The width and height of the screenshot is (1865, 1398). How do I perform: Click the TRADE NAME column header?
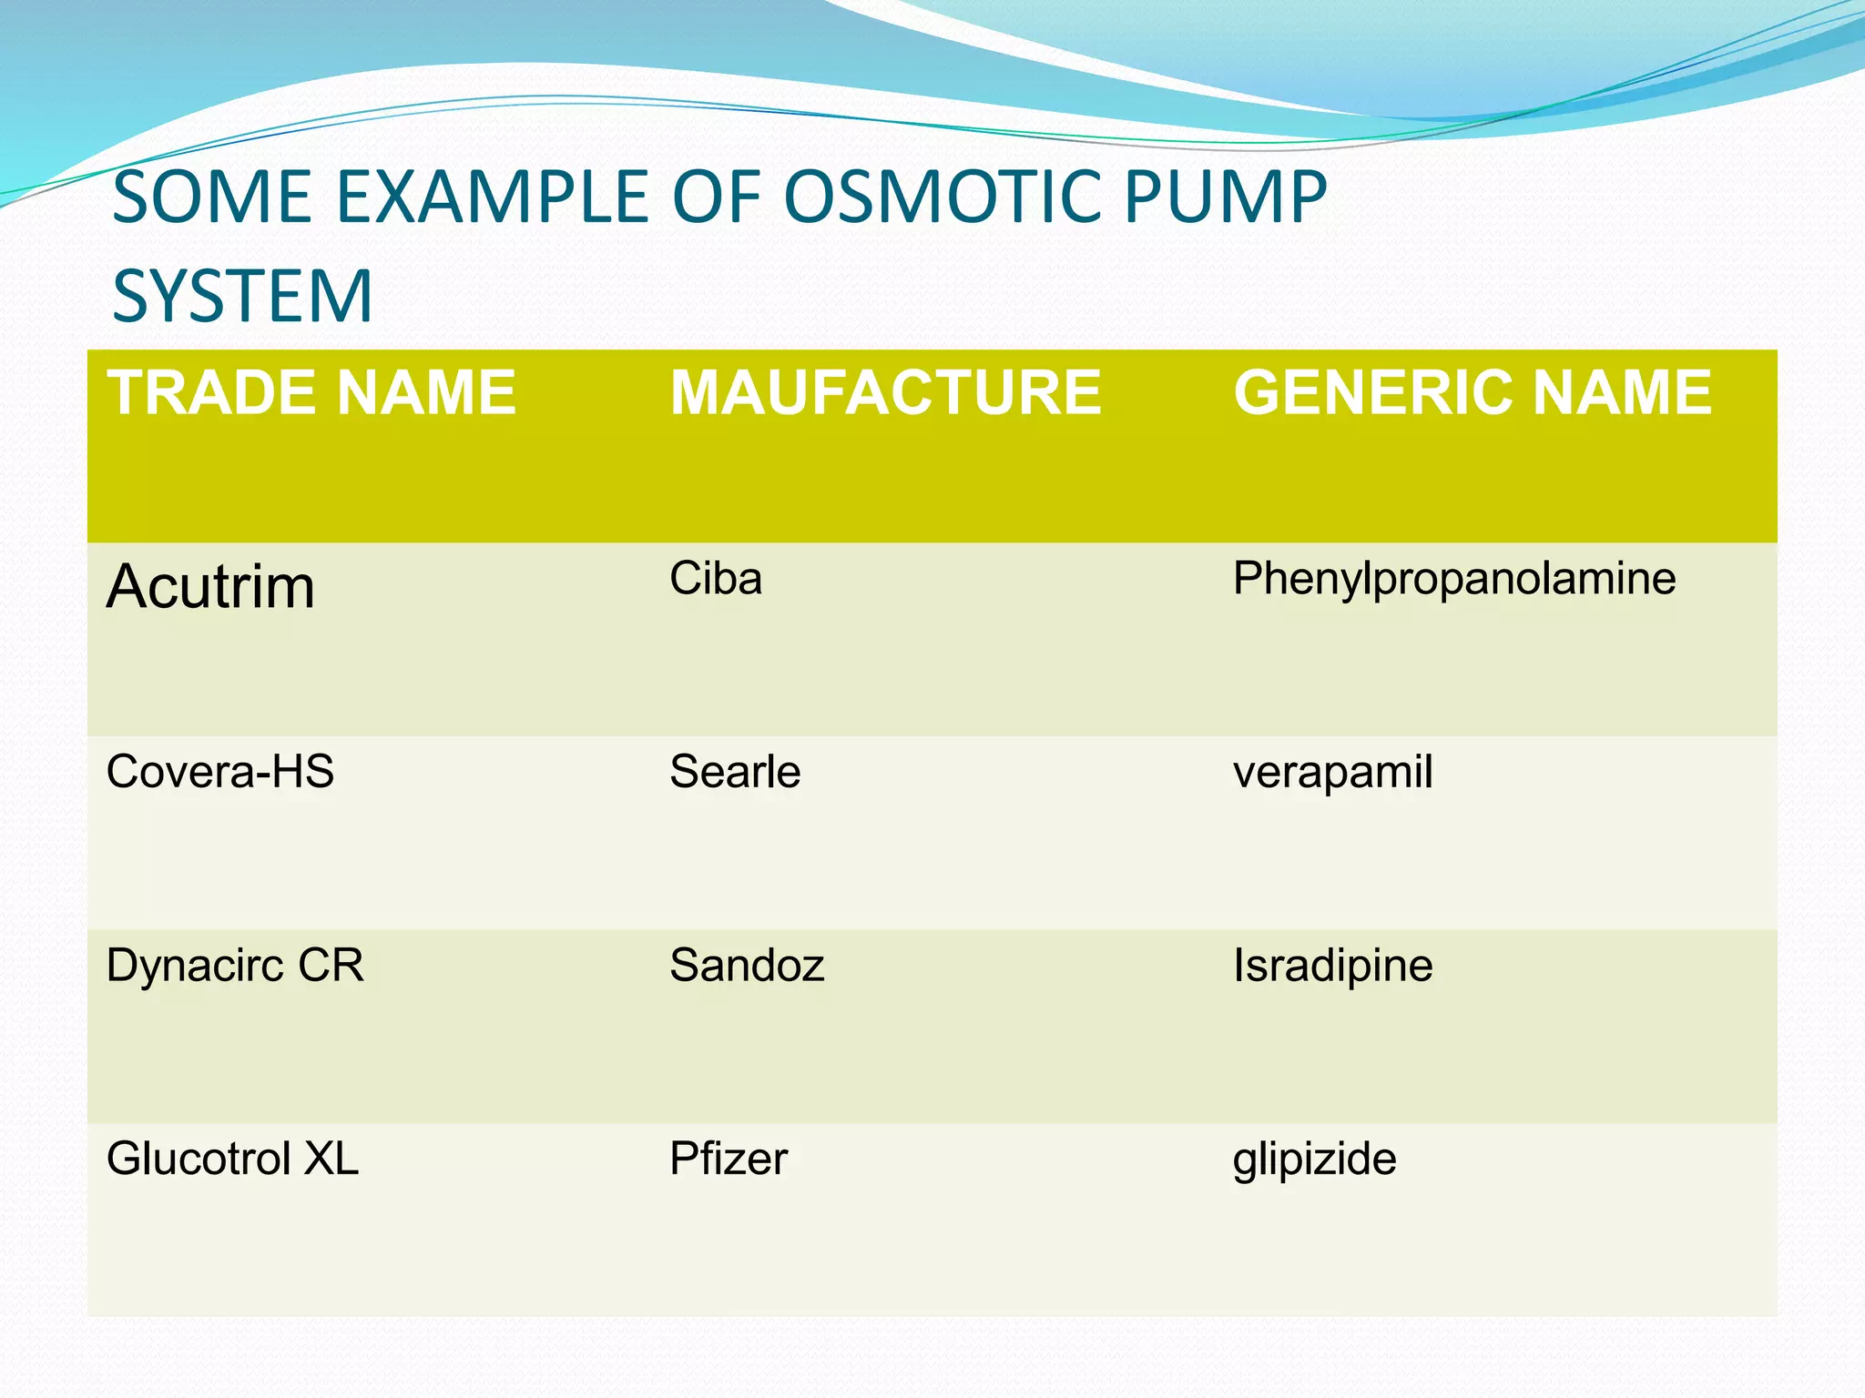tap(311, 393)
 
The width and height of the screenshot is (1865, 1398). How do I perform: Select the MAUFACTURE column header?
tap(885, 393)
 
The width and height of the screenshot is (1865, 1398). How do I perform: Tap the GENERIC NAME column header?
tap(1473, 393)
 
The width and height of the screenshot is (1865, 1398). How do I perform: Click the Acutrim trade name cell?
tap(210, 586)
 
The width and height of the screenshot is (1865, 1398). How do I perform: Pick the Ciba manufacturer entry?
tap(716, 579)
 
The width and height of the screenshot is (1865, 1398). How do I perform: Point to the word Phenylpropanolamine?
tap(1454, 579)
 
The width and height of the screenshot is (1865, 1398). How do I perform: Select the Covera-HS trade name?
tap(220, 772)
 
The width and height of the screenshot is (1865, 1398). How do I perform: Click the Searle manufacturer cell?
tap(735, 772)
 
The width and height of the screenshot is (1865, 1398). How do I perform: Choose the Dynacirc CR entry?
tap(235, 965)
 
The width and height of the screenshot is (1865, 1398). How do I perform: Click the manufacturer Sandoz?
tap(747, 965)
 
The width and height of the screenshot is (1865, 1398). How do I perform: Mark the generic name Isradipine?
tap(1333, 967)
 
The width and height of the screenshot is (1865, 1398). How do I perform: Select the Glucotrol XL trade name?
tap(232, 1159)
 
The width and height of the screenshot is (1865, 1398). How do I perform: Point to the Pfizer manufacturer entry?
tap(729, 1159)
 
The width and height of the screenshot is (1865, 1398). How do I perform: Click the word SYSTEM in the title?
tap(242, 296)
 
